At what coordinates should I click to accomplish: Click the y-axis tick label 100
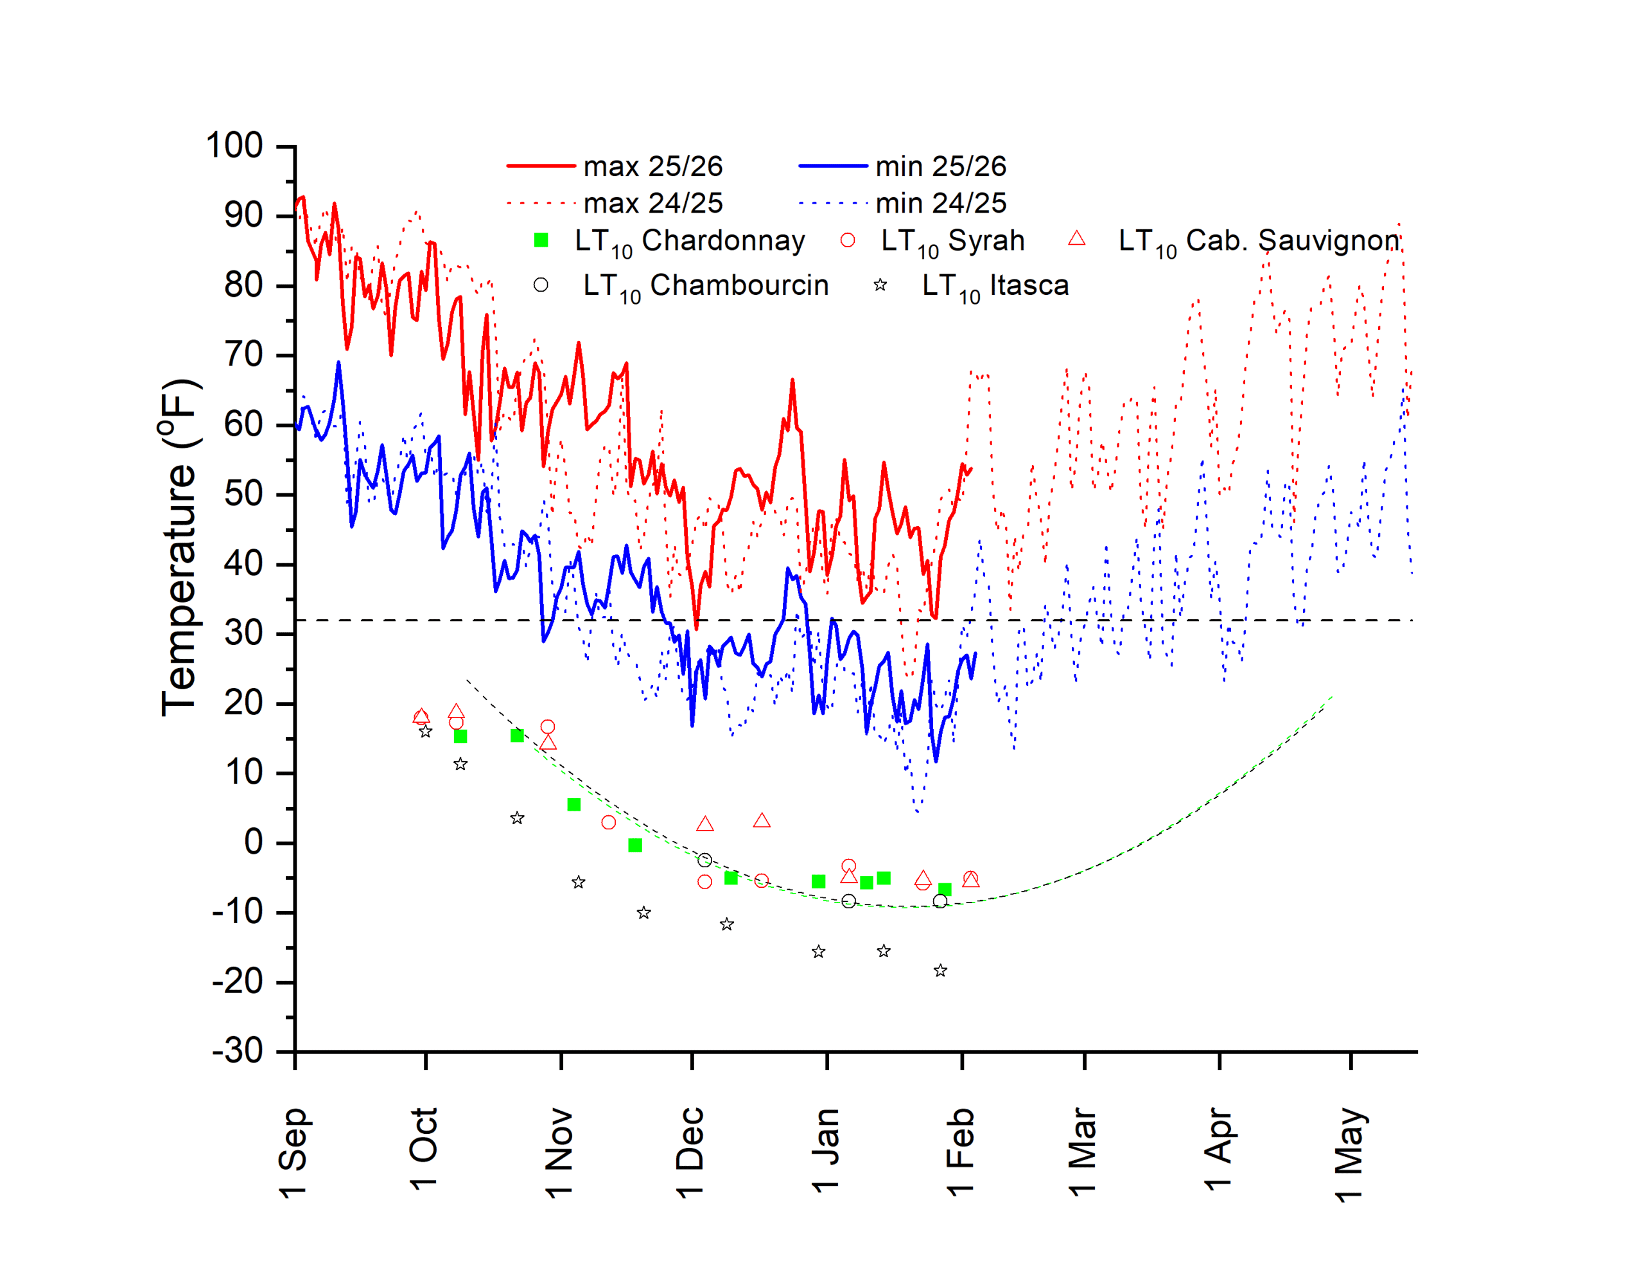(234, 146)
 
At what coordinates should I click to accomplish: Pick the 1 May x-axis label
(1349, 1153)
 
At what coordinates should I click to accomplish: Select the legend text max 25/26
(653, 166)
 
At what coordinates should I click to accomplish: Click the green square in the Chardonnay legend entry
(541, 240)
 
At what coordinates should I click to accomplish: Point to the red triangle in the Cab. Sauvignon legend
(1077, 239)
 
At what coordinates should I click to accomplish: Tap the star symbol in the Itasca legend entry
(880, 285)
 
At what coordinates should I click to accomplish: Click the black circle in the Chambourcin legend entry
(541, 285)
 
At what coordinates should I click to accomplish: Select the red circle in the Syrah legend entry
(848, 240)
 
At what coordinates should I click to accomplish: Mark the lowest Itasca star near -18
(940, 971)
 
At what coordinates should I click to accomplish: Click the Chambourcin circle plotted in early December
(704, 860)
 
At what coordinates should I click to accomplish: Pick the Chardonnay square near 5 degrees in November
(574, 805)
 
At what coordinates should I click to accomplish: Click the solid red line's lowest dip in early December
(696, 628)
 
